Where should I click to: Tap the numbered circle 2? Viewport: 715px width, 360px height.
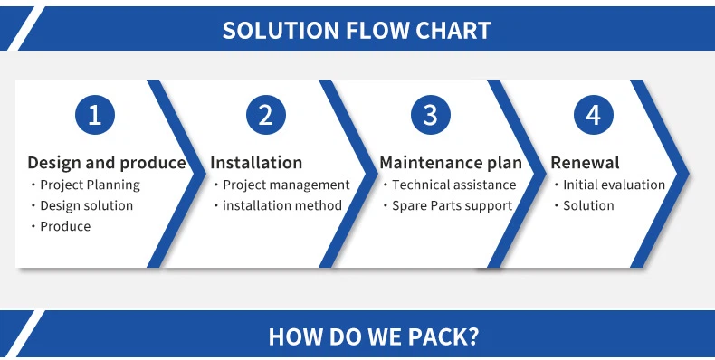(265, 115)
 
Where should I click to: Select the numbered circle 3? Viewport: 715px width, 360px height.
(430, 115)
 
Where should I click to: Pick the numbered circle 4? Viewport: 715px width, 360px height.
(593, 115)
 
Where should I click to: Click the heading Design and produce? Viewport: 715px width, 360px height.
(107, 163)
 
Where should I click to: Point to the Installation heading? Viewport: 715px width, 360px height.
(256, 163)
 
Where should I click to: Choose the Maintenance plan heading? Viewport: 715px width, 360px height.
(451, 163)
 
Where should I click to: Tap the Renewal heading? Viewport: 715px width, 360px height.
(585, 163)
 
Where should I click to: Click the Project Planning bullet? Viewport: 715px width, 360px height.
(90, 185)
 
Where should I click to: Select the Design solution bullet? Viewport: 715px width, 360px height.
(86, 205)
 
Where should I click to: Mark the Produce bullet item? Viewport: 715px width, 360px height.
(65, 226)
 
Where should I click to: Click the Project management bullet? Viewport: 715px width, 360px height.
(286, 185)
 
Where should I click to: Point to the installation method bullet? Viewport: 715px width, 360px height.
(282, 205)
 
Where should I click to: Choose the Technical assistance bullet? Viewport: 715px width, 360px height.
(453, 185)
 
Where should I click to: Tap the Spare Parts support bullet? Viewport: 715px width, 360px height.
(452, 205)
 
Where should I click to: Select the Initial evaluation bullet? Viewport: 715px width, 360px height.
(614, 185)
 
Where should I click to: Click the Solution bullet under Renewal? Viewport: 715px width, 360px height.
(588, 205)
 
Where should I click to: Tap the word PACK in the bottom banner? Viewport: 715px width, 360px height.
(434, 337)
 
